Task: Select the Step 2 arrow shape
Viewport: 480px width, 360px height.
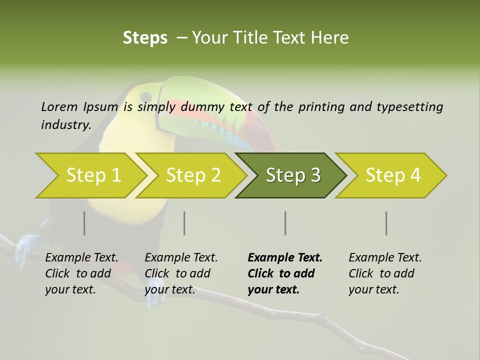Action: coord(192,175)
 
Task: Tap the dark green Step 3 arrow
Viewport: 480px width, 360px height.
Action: coord(292,175)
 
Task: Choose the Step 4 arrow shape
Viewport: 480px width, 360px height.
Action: coord(392,175)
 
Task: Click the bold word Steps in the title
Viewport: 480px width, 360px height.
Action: coord(145,37)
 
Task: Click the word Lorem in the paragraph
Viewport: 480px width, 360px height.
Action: coord(59,106)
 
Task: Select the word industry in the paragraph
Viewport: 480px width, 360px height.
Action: coord(66,124)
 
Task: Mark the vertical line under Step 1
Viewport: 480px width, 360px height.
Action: coord(84,223)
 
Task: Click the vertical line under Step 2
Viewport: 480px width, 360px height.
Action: coord(184,223)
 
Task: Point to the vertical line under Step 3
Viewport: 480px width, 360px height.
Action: coord(285,223)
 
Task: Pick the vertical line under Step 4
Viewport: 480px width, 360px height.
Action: coord(386,223)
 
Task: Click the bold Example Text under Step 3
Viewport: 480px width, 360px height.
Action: coord(285,273)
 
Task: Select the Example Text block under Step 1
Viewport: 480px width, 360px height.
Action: coord(81,273)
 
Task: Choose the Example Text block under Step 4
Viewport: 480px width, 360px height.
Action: coord(385,273)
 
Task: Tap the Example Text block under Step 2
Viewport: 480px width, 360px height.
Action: coord(181,273)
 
